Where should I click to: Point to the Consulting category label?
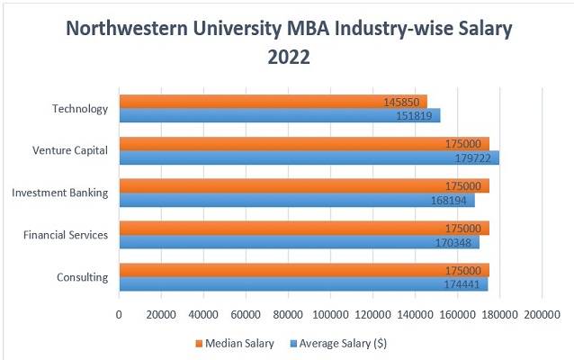click(83, 277)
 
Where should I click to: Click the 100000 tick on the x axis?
click(330, 314)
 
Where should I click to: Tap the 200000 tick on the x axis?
click(542, 314)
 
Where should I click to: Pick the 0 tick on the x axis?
click(119, 314)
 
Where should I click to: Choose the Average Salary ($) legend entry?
click(344, 343)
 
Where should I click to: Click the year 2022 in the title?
click(288, 58)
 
